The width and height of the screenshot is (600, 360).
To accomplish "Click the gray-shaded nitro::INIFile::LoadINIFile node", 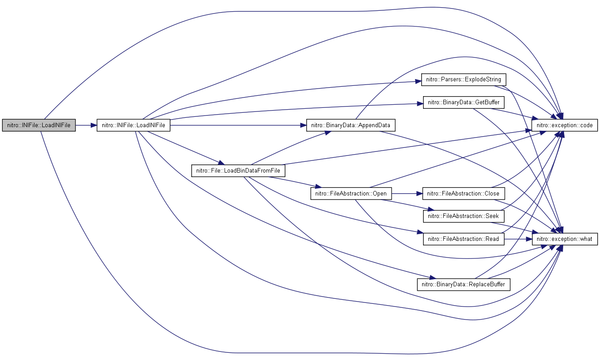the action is point(39,125).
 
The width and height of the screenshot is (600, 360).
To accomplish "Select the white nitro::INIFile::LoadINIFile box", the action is point(133,125).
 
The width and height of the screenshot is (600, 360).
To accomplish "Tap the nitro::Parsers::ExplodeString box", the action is point(463,80).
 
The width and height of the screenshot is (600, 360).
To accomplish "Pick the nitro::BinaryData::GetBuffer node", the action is point(463,102).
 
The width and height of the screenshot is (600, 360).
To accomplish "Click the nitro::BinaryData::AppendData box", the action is point(351,125).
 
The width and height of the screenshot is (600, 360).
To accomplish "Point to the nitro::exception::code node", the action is point(565,125).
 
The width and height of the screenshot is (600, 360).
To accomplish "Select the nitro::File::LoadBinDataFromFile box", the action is point(238,170).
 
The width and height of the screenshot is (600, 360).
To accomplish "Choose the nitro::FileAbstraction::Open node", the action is point(351,194).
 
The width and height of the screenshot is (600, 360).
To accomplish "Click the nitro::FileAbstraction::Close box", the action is point(463,194).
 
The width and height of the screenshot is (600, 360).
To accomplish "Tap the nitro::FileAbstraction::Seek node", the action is point(463,216).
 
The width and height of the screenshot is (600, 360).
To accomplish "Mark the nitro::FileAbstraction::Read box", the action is point(463,239).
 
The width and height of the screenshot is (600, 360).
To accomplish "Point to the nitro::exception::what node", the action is point(565,239).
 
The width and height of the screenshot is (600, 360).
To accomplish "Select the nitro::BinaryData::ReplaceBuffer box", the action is point(463,284).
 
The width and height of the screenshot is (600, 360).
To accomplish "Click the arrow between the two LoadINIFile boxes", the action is point(86,125).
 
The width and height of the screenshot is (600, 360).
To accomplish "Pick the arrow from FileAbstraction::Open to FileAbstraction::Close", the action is point(407,194).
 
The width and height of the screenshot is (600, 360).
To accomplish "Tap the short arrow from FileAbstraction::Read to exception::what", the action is point(518,239).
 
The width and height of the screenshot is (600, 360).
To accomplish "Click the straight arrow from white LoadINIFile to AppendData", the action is point(238,125).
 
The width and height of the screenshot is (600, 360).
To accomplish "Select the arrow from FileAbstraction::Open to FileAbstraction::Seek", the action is point(407,205).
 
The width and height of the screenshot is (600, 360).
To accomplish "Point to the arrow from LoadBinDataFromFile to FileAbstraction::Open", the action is point(295,182).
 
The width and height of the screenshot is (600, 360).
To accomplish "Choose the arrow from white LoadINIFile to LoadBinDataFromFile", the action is point(186,148).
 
